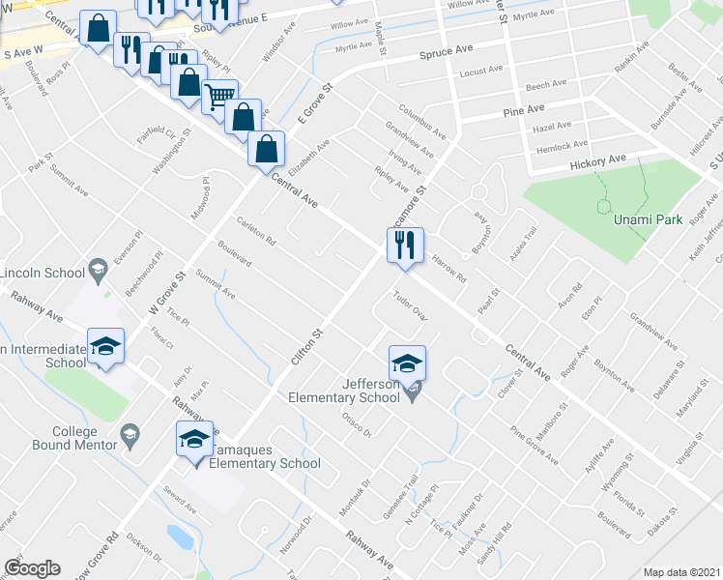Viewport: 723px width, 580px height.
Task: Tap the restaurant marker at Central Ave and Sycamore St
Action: coord(405,246)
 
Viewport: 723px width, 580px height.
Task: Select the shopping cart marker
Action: coord(220,97)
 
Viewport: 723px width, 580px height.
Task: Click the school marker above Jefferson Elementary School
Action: coord(407,364)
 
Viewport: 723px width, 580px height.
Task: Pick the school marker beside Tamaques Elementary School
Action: coord(194,440)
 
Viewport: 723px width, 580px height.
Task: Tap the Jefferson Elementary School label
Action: coord(344,391)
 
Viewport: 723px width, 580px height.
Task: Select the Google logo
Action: coord(32,568)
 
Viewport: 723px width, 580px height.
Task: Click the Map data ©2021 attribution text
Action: coord(682,572)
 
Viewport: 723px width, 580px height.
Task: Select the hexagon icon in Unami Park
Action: coord(605,206)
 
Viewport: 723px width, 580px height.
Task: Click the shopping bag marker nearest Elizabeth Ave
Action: coord(266,150)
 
